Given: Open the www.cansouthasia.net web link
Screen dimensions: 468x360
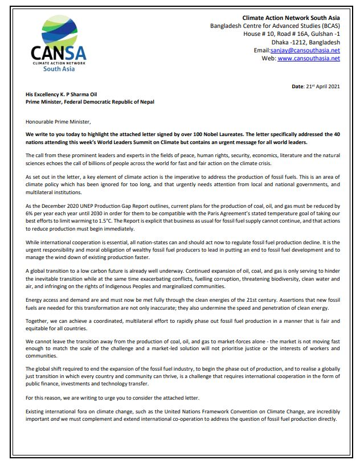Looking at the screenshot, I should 309,58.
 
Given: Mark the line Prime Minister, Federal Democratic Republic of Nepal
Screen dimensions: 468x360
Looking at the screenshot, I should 89,102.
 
